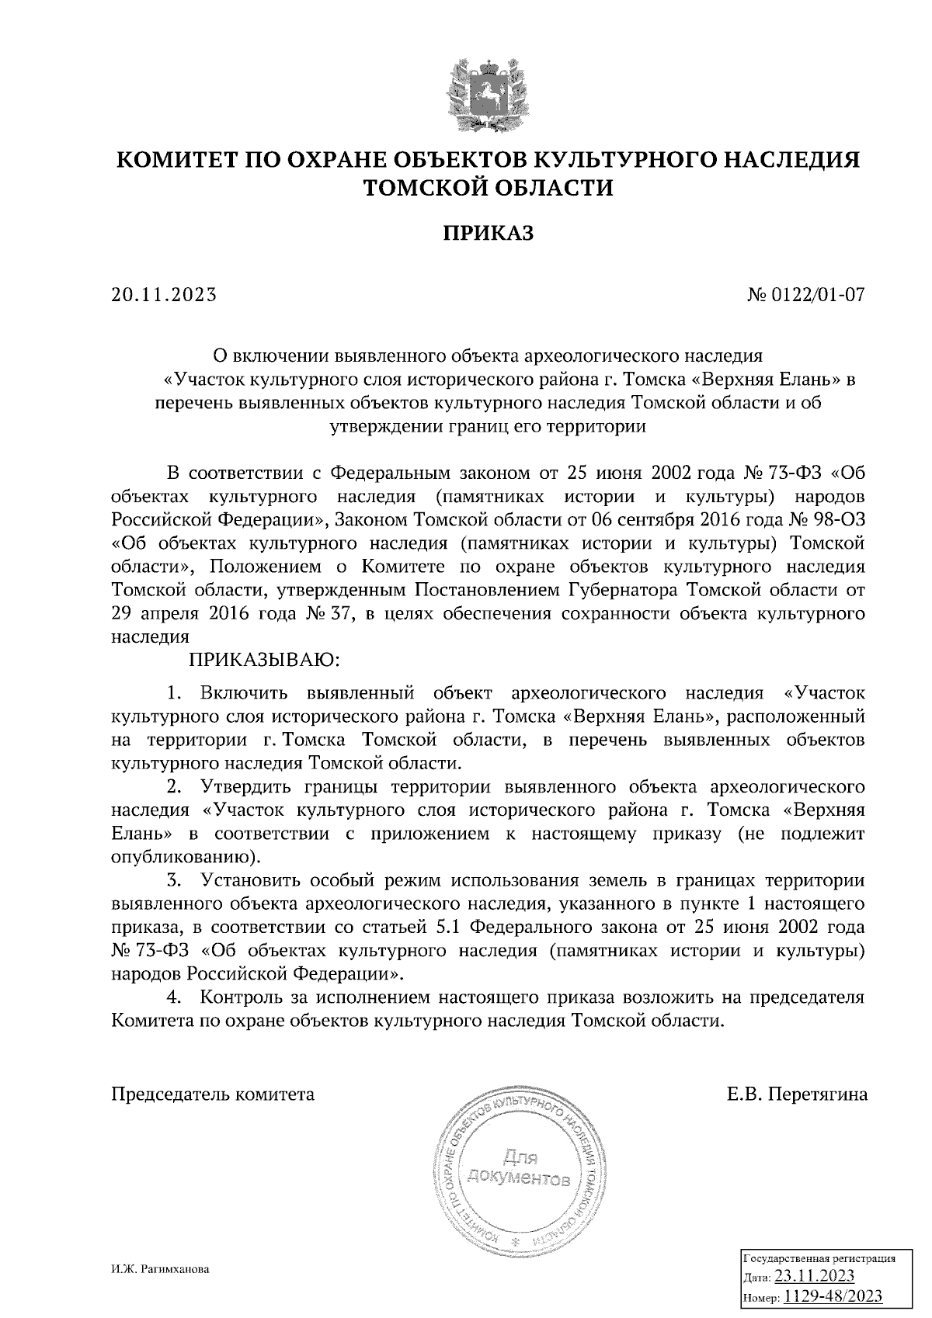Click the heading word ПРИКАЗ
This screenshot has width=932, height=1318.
pos(489,233)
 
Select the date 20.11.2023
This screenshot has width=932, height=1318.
pos(163,296)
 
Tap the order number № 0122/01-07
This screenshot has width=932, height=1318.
pos(805,296)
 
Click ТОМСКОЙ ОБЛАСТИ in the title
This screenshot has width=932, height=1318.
pos(489,188)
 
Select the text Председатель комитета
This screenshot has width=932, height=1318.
pos(214,1094)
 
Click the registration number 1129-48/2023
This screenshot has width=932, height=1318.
pos(833,1296)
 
